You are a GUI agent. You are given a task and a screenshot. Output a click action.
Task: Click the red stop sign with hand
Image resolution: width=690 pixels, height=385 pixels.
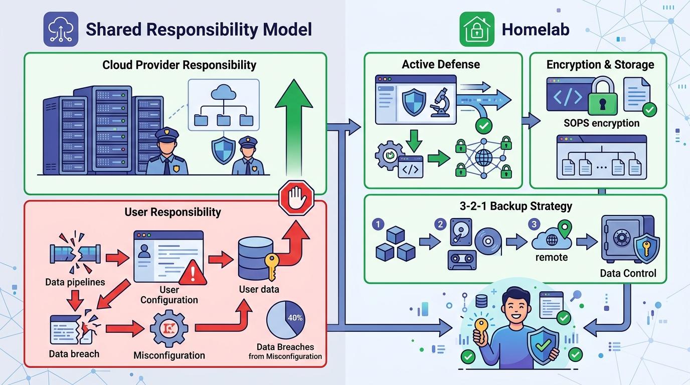pos(295,198)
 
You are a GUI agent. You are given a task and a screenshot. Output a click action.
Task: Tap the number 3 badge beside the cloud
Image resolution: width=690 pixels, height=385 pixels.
pos(535,224)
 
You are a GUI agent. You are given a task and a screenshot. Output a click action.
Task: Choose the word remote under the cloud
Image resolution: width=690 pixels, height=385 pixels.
pos(552,257)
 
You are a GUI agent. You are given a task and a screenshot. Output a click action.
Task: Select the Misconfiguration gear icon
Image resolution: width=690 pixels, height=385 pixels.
pos(169,329)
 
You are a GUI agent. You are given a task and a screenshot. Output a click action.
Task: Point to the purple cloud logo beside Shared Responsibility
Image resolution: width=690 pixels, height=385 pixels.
pos(60,30)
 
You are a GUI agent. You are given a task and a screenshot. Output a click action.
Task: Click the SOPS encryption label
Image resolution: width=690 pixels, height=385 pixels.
pos(601,123)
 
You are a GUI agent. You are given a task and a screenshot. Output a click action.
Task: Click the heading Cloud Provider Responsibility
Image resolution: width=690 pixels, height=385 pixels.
pos(179,65)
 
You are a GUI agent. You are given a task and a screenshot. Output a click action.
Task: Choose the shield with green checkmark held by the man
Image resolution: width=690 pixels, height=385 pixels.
pos(543,345)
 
